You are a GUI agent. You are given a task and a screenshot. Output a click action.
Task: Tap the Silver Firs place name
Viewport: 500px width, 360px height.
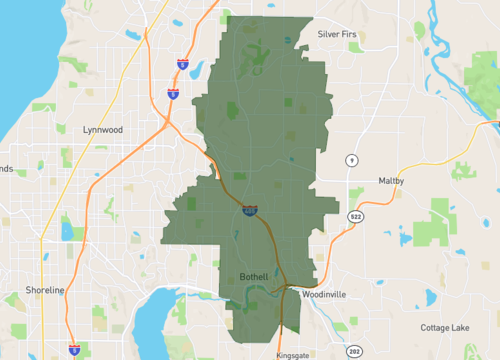[x=338, y=33]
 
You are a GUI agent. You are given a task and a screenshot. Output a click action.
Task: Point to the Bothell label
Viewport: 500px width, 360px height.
[x=255, y=275]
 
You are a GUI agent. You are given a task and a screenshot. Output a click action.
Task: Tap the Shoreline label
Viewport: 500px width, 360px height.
[x=45, y=290]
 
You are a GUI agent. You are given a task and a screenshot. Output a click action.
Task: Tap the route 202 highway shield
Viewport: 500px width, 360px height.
[x=354, y=351]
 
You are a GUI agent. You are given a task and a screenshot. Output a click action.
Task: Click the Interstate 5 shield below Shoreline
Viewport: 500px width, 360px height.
[x=75, y=349]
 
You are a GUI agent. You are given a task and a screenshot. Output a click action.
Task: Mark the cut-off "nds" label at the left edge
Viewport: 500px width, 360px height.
[x=6, y=169]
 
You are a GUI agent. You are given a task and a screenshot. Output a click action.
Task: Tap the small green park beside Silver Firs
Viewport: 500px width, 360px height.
[x=355, y=46]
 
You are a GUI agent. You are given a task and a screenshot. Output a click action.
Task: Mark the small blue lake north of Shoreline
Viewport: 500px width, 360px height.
[x=67, y=232]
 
